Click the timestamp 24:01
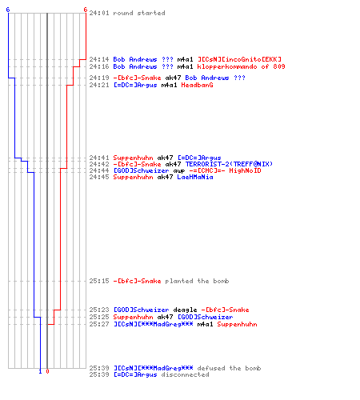pyautogui.click(x=99, y=13)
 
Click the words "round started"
pyautogui.click(x=139, y=13)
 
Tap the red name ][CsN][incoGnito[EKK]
pyautogui.click(x=239, y=59)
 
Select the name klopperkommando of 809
pyautogui.click(x=241, y=66)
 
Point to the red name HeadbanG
pyautogui.click(x=197, y=85)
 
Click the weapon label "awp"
pyautogui.click(x=179, y=171)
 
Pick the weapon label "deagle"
pyautogui.click(x=185, y=310)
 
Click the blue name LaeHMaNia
pyautogui.click(x=195, y=177)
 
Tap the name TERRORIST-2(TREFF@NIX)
pyautogui.click(x=229, y=164)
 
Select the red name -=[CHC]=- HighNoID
pyautogui.click(x=225, y=170)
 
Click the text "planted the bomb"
pyautogui.click(x=197, y=281)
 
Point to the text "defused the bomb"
pyautogui.click(x=229, y=368)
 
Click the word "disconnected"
pyautogui.click(x=185, y=374)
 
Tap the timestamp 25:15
pyautogui.click(x=99, y=281)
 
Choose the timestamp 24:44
pyautogui.click(x=99, y=170)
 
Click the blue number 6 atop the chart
pyautogui.click(x=8, y=10)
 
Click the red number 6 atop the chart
pyautogui.click(x=86, y=10)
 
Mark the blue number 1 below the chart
pyautogui.click(x=40, y=371)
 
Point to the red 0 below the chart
pyautogui.click(x=47, y=371)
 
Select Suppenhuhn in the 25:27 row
pyautogui.click(x=237, y=324)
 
